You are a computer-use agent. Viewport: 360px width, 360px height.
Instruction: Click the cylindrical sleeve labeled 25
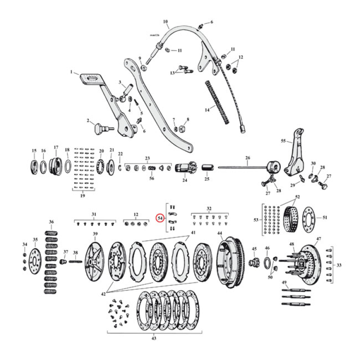(x=207, y=169)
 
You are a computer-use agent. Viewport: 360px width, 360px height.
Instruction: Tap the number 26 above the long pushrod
(x=247, y=158)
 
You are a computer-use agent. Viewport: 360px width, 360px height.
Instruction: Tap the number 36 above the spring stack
(x=51, y=222)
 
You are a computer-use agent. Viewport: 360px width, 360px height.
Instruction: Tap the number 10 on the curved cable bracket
(x=165, y=21)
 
